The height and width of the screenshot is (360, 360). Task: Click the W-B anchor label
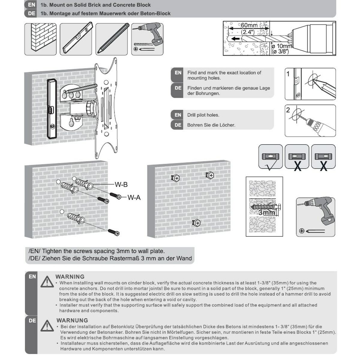[x=121, y=184]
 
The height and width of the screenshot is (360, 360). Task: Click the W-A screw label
[x=134, y=197]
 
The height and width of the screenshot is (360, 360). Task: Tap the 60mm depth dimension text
[x=249, y=25]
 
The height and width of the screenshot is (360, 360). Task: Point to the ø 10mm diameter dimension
[x=281, y=46]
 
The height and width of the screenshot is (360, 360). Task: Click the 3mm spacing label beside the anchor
[x=266, y=212]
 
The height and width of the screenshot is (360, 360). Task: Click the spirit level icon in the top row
[x=76, y=39]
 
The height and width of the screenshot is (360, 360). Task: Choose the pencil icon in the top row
[x=111, y=39]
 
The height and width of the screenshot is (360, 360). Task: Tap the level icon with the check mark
[x=270, y=157]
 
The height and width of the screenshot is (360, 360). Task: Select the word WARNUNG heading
[x=72, y=320]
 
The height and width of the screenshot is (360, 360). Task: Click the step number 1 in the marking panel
[x=288, y=73]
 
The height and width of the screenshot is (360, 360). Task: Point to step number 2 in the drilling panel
[x=288, y=110]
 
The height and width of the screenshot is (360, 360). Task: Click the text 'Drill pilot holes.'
[x=203, y=115]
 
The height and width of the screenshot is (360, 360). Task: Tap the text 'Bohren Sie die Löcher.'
[x=211, y=125]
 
